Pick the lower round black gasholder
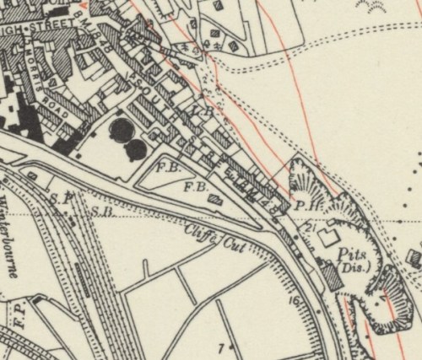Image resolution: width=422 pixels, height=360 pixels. tap(134, 151)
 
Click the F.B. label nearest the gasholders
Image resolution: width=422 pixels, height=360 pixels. tap(165, 168)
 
